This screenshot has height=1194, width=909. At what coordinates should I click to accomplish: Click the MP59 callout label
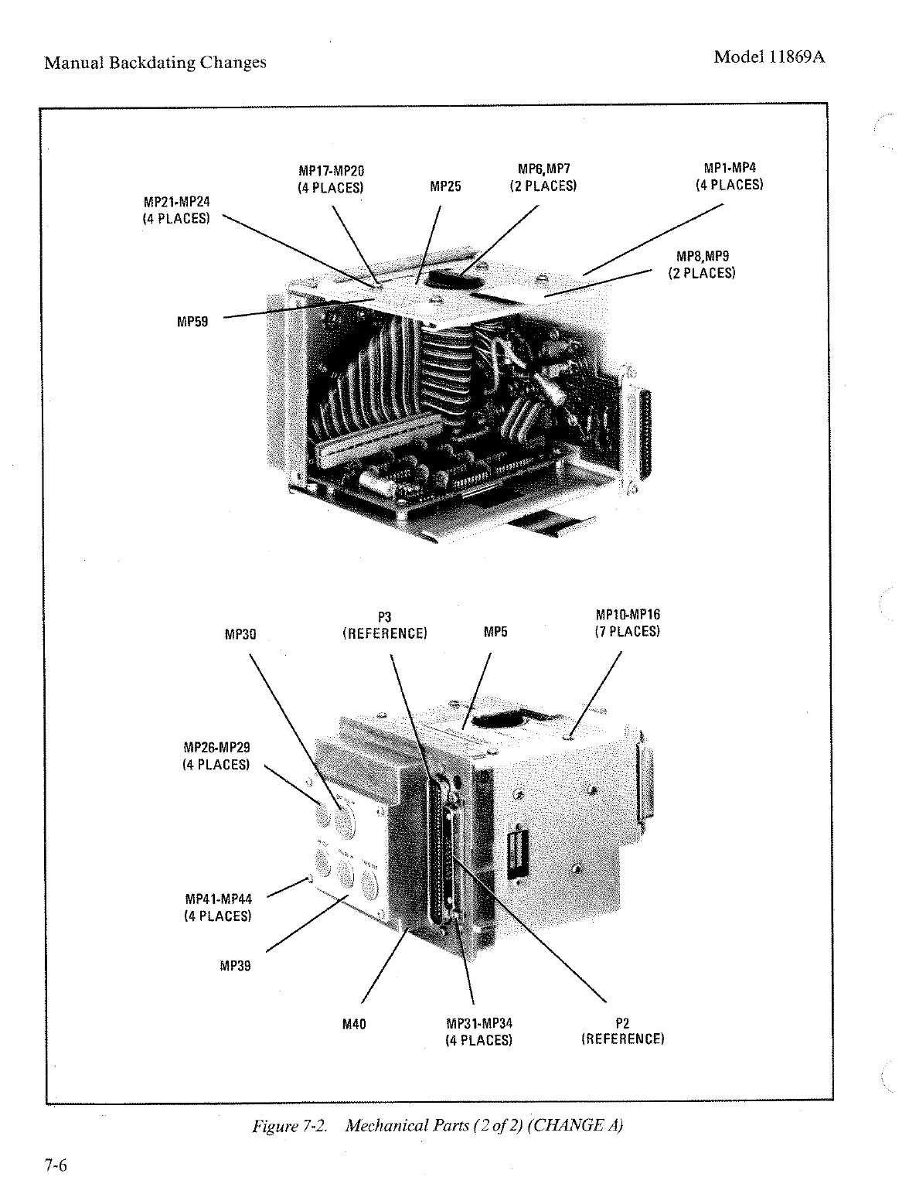click(192, 322)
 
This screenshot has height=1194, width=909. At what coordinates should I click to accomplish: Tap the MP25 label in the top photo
click(445, 186)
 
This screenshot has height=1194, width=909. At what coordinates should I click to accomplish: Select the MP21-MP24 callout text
click(176, 210)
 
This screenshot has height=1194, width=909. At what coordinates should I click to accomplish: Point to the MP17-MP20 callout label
click(331, 179)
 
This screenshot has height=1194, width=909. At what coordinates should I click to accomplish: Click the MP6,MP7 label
click(543, 177)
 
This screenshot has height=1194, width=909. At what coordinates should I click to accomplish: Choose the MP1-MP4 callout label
click(729, 176)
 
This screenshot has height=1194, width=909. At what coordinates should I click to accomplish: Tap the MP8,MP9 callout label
click(701, 264)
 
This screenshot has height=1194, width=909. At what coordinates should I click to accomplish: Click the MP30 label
click(240, 634)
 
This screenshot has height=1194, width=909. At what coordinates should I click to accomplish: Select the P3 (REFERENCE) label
click(384, 626)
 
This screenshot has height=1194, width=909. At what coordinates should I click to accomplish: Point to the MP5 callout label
click(495, 633)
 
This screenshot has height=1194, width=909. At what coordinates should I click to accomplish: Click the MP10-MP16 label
click(628, 623)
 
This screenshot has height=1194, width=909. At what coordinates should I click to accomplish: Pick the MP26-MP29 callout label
click(216, 756)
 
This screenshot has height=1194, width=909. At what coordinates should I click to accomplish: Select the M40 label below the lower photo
click(353, 1024)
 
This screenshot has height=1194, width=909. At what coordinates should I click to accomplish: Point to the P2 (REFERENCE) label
click(622, 1031)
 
